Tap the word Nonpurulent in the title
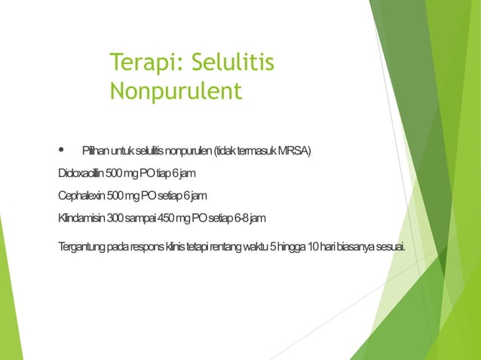pyautogui.click(x=176, y=91)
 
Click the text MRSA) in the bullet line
pyautogui.click(x=293, y=151)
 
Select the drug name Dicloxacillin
pyautogui.click(x=81, y=174)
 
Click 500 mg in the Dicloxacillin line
pyautogui.click(x=121, y=174)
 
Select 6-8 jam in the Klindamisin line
pyautogui.click(x=249, y=218)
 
